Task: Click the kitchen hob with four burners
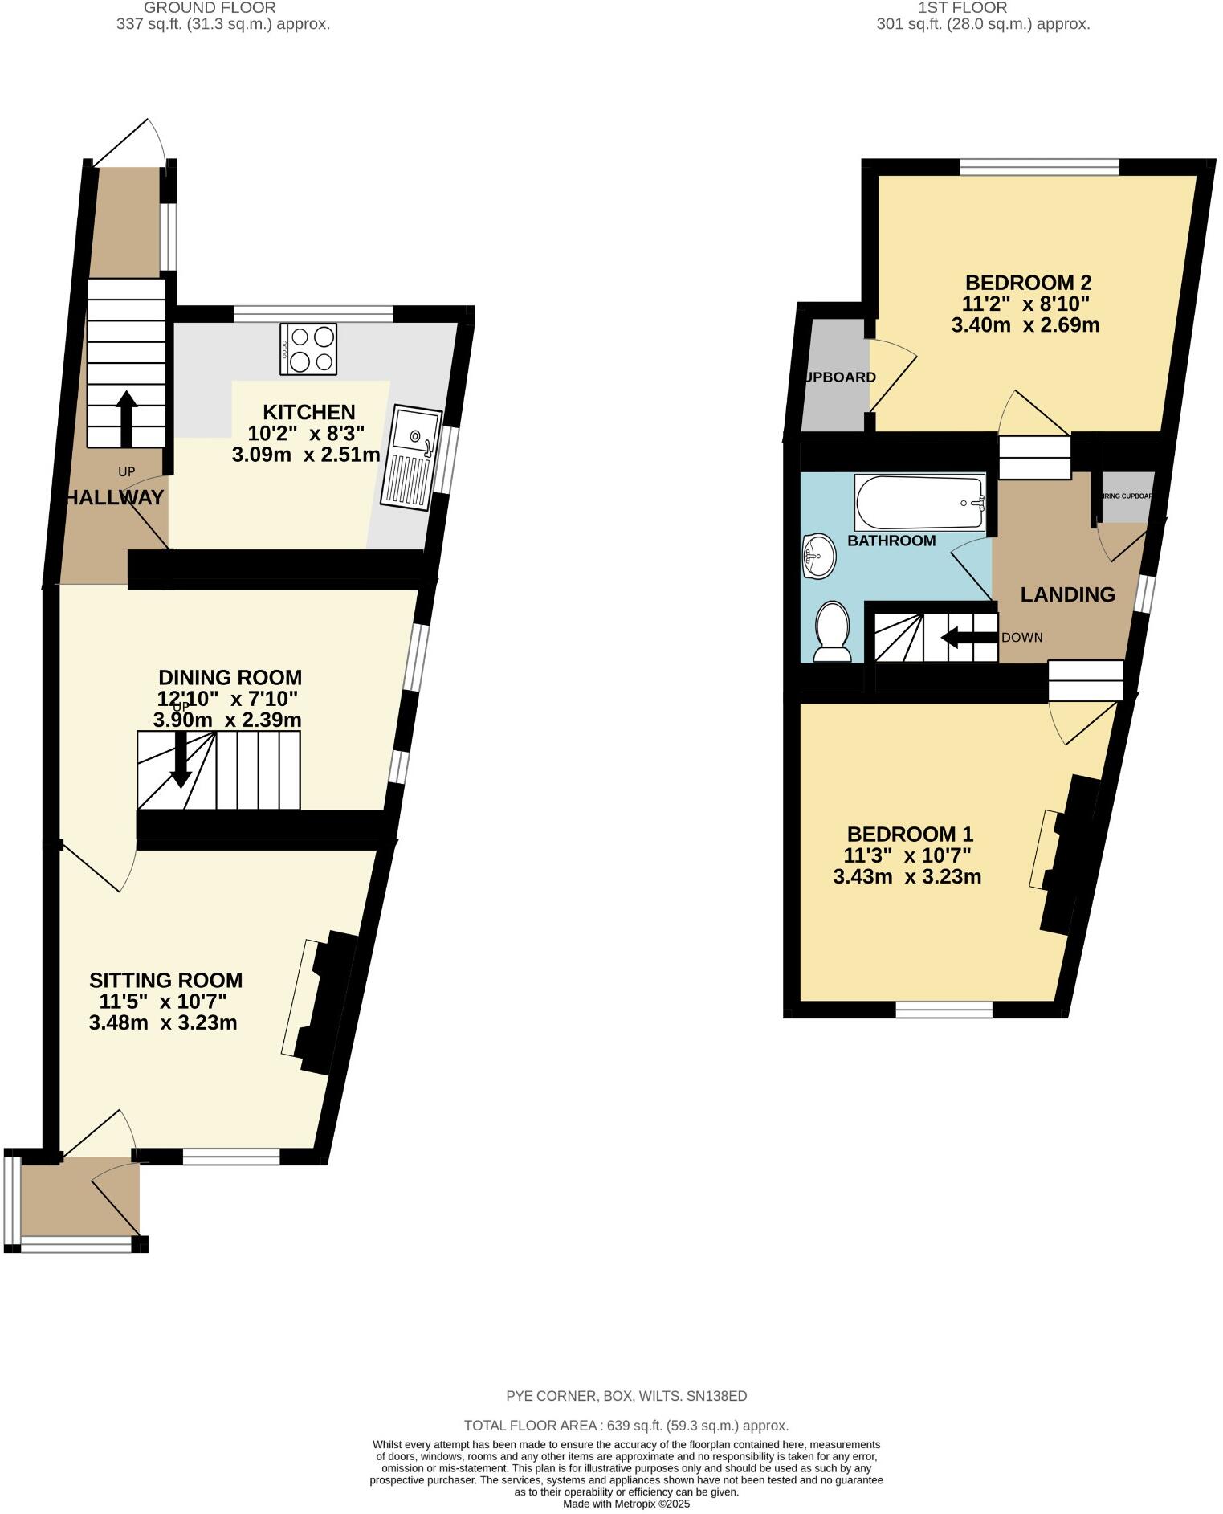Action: click(308, 349)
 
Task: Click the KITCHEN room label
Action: click(309, 412)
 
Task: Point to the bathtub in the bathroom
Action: click(920, 502)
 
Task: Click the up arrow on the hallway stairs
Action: click(126, 418)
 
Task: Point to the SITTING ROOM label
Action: click(165, 980)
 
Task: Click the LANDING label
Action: click(1067, 594)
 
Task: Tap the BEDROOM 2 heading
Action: click(1028, 283)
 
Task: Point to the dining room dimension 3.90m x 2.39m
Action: click(227, 720)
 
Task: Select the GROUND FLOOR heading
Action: click(210, 7)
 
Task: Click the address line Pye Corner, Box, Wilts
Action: click(626, 1395)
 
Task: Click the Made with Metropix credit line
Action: click(626, 1504)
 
